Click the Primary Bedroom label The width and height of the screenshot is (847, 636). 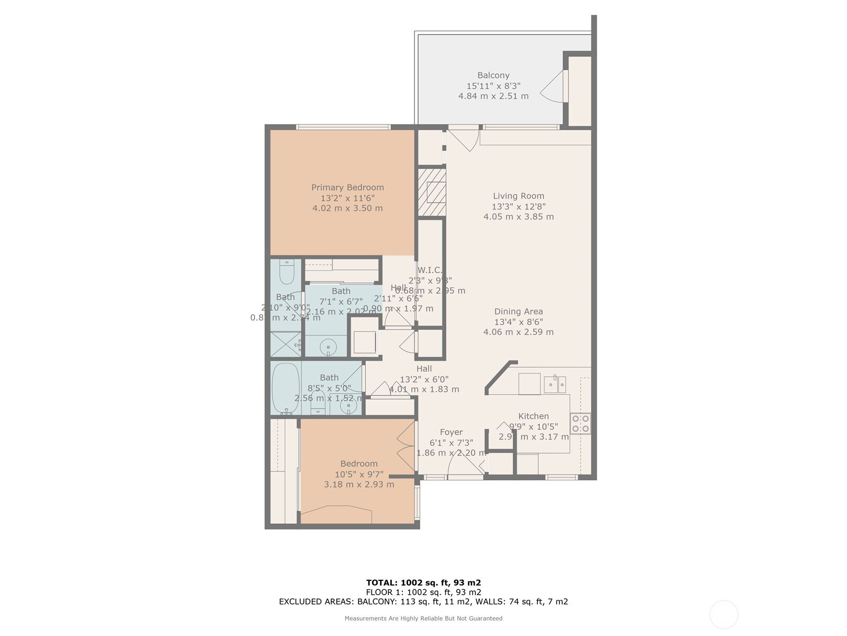point(347,187)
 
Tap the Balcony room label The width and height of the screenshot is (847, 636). point(493,75)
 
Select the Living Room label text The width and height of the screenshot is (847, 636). point(518,196)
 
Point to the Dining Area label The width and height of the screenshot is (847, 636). point(518,312)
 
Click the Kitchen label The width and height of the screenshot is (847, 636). point(533,416)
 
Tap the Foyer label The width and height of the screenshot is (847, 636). point(451,432)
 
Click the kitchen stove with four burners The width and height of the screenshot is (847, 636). point(580,423)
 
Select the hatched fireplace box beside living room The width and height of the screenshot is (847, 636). point(432,192)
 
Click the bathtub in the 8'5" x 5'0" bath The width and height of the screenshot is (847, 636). point(286,388)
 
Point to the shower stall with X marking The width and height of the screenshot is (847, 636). point(286,344)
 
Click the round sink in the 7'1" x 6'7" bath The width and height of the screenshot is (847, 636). point(329,347)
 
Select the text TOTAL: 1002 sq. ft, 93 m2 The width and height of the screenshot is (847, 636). point(424,582)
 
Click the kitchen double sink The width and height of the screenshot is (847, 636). point(555,384)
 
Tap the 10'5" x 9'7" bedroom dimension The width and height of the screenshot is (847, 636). point(359,474)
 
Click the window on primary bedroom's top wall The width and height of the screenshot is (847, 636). point(343,127)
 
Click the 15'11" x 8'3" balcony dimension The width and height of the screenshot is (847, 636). point(493,86)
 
